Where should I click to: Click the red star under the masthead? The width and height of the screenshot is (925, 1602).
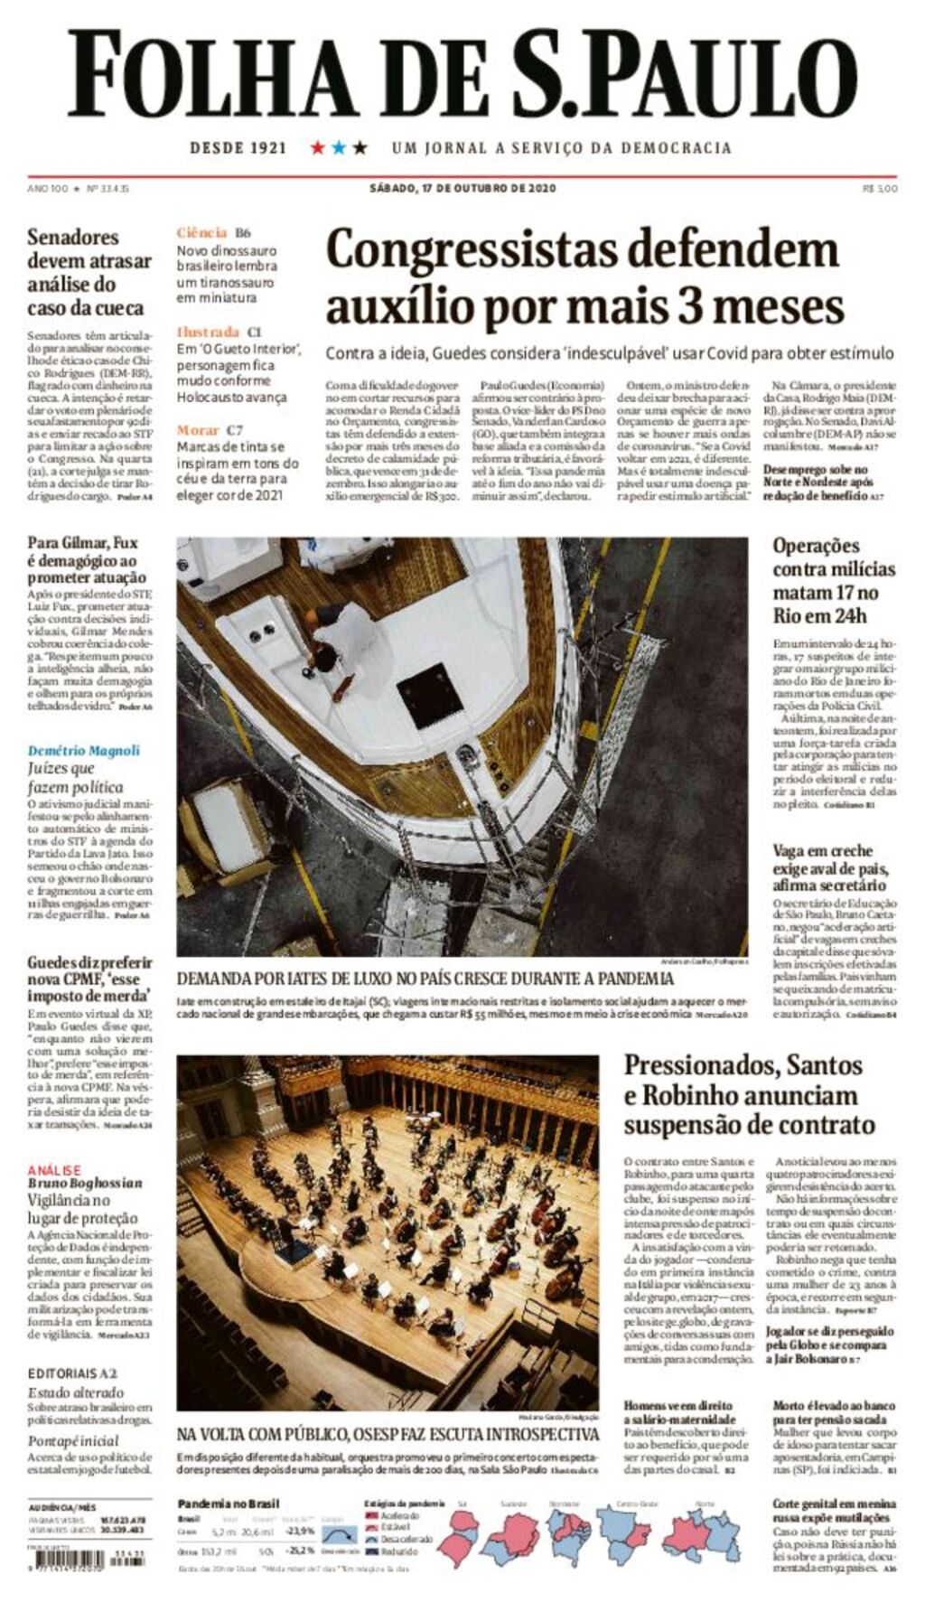click(x=317, y=147)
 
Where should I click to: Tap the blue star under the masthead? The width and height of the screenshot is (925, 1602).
click(x=339, y=147)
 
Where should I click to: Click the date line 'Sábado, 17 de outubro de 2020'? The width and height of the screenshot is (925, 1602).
click(x=462, y=189)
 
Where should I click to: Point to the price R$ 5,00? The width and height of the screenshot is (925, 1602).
click(x=880, y=189)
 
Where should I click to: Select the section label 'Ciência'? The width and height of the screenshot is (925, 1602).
click(x=201, y=232)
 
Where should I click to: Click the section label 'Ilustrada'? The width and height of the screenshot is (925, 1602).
click(x=208, y=332)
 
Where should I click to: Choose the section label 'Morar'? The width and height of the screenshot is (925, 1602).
click(x=198, y=430)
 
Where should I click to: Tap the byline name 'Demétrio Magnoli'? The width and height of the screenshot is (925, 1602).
click(x=83, y=750)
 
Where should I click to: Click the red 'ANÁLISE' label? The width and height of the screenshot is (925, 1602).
click(x=53, y=1170)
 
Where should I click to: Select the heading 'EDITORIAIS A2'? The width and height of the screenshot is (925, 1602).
click(x=72, y=1373)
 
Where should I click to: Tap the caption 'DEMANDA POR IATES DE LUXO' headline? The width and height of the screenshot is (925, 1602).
click(x=425, y=979)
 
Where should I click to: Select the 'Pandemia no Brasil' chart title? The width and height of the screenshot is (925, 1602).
click(x=229, y=1504)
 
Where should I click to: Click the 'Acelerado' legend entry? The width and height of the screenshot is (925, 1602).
click(x=398, y=1515)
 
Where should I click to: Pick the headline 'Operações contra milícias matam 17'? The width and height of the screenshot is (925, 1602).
click(x=833, y=580)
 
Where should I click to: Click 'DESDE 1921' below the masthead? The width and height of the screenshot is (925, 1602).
click(x=238, y=147)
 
